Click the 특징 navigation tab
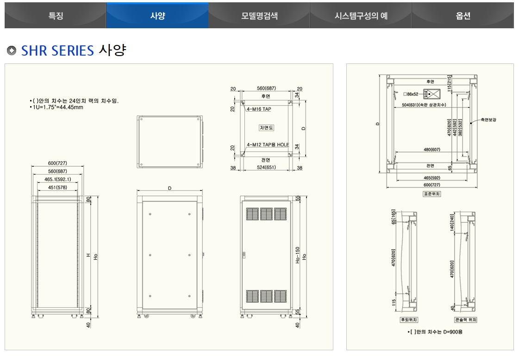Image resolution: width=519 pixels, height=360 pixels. (56, 16)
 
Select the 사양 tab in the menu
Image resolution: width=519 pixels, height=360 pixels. (157, 16)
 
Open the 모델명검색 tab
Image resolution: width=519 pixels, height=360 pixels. (259, 16)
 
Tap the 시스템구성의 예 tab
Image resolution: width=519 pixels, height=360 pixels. (361, 16)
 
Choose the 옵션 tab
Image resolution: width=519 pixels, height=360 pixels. (463, 16)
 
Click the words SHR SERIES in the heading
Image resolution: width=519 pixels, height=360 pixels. (57, 51)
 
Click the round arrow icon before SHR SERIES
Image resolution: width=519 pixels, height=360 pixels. (12, 51)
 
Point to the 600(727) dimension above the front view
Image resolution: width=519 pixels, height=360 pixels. (57, 163)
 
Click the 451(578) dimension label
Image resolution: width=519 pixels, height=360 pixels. (57, 187)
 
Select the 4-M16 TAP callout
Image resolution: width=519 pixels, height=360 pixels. (259, 109)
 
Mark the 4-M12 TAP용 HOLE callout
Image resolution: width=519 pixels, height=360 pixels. (268, 145)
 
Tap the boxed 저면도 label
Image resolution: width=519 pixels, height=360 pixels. (266, 127)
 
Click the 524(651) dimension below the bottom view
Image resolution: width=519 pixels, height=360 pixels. (266, 168)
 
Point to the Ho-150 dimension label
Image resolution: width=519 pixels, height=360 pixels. (298, 255)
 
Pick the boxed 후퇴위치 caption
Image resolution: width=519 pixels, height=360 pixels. (409, 320)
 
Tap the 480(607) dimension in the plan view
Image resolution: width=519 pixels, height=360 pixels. (431, 150)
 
